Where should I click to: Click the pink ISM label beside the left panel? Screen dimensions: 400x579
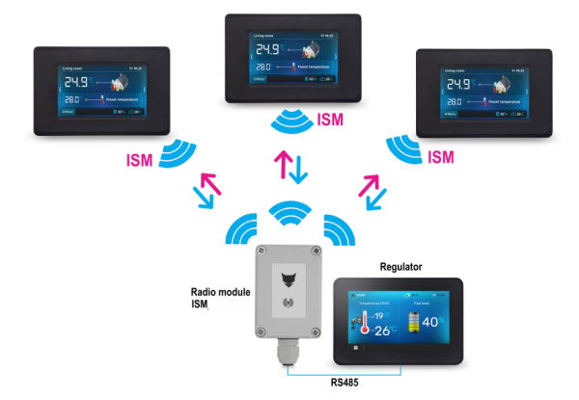(x=140, y=158)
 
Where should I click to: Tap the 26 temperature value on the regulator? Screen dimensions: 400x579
(x=383, y=332)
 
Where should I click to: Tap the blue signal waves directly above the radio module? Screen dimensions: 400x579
(x=287, y=212)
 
